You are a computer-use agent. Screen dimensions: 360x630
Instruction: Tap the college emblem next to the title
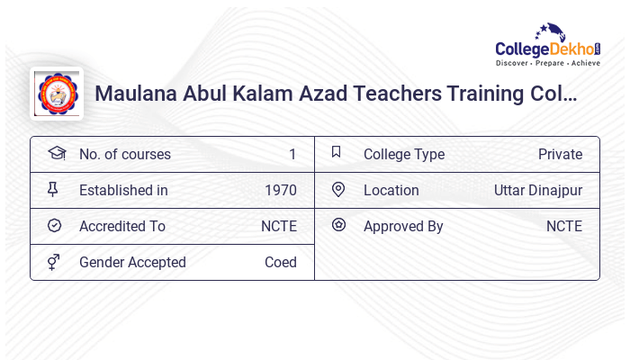(57, 93)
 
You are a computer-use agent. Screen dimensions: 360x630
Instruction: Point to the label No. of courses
(124, 154)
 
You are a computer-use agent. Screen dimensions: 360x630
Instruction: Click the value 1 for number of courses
(292, 154)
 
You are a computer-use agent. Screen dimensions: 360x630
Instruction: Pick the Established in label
(123, 190)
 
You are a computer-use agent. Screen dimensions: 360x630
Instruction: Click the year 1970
(281, 190)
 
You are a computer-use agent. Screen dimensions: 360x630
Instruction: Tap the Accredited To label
(122, 226)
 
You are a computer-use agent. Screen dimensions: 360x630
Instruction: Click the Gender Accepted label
(132, 262)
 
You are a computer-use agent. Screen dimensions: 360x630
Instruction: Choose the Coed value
(281, 262)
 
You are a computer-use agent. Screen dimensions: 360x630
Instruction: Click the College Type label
(404, 154)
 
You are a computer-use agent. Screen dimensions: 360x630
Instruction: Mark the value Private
(560, 154)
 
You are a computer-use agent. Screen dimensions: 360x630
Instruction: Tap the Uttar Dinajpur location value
(538, 190)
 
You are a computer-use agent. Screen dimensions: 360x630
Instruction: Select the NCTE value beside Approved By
(564, 226)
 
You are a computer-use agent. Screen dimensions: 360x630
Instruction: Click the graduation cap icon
(56, 153)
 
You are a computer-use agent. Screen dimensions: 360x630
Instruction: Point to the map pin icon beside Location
(338, 189)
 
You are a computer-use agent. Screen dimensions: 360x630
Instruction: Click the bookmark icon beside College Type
(336, 152)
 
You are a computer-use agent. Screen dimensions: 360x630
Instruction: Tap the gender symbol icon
(54, 262)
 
